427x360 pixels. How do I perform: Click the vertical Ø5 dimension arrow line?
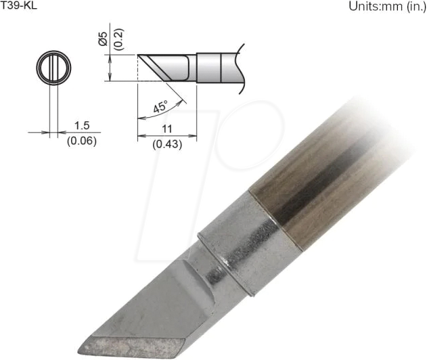click(110, 67)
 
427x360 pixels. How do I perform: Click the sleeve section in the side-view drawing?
click(209, 67)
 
